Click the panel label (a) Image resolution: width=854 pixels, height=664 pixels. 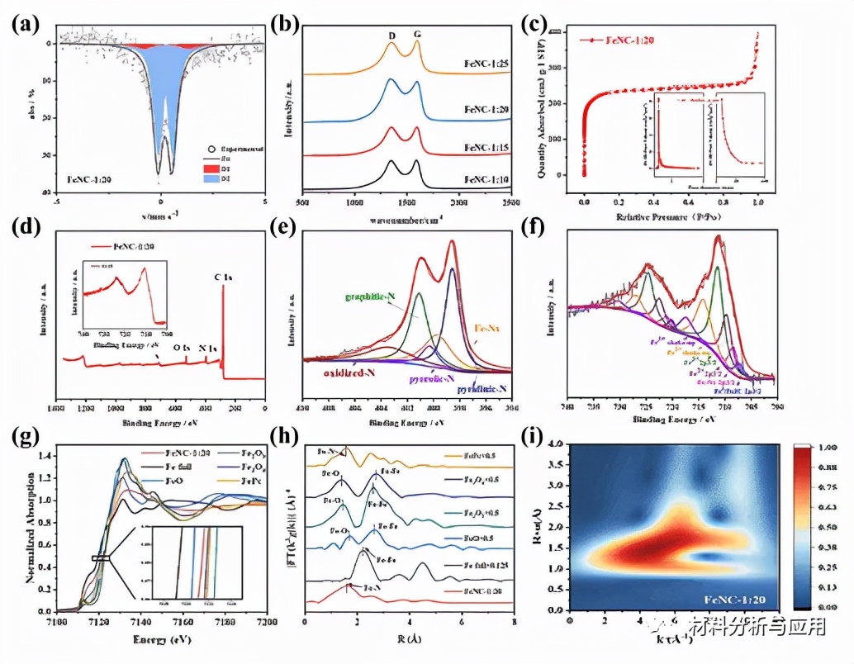pyautogui.click(x=25, y=24)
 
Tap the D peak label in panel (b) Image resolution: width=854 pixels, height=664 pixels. pyautogui.click(x=391, y=35)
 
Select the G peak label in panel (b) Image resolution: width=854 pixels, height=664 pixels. pyautogui.click(x=417, y=35)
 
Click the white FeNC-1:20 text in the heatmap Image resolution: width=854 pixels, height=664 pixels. pyautogui.click(x=737, y=598)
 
